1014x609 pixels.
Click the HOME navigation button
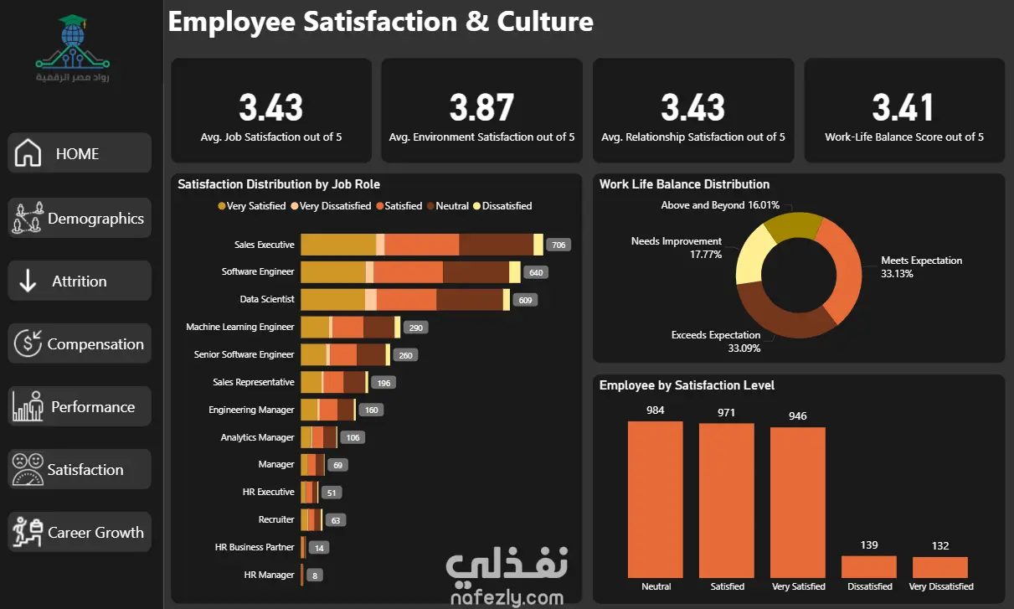(80, 152)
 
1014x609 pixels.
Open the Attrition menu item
(80, 281)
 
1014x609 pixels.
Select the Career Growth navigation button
(80, 532)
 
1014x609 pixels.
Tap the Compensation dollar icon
(28, 343)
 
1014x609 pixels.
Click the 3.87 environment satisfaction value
(481, 107)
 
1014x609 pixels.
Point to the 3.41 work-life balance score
(903, 107)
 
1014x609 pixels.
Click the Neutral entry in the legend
(448, 206)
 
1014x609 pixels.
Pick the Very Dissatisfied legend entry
(331, 206)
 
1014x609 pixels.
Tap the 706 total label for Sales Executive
(558, 245)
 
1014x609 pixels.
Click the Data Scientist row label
(267, 299)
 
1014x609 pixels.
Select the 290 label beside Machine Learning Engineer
(415, 328)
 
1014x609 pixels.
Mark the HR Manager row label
(269, 575)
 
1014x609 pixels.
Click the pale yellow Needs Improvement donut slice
(754, 255)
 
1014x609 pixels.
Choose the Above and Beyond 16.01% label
(720, 205)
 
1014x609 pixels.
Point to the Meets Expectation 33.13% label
(921, 266)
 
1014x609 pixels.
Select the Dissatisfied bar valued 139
(868, 566)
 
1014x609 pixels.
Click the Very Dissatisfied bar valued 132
(940, 567)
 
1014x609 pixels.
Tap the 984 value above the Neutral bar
(655, 410)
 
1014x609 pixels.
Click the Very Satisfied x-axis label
(798, 586)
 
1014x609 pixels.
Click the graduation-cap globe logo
(72, 42)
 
